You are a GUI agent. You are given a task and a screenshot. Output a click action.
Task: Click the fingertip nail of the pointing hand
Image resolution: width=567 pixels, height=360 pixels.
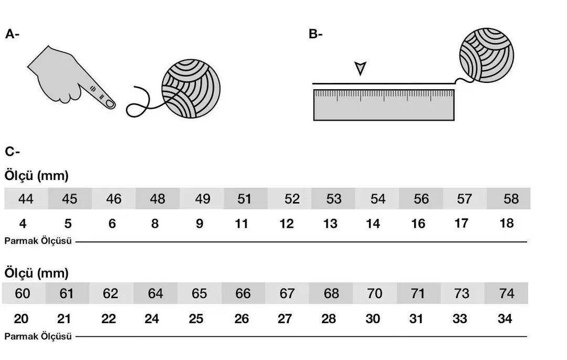coord(110,104)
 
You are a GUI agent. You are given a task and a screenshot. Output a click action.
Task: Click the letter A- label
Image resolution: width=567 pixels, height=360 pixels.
coord(12,35)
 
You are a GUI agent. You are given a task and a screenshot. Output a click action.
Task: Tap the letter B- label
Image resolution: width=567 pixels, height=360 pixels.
coord(316,35)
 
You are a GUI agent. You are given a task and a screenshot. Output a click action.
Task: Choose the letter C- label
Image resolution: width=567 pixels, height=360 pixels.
coord(12,152)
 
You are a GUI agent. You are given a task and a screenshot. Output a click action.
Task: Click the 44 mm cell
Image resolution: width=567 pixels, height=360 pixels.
coord(26,199)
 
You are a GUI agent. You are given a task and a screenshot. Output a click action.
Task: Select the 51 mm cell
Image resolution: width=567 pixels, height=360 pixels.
coord(245,199)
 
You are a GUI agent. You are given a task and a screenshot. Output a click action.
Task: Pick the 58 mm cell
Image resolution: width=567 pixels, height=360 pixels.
coord(510,199)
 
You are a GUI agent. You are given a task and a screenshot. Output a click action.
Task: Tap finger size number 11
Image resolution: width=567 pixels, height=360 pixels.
coord(241,224)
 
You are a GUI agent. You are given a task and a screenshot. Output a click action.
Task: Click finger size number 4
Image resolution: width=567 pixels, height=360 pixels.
coord(23,224)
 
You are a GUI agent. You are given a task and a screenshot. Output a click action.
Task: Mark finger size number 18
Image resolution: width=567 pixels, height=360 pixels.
coord(507,223)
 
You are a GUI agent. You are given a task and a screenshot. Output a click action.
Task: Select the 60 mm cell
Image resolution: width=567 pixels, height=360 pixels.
coord(23,293)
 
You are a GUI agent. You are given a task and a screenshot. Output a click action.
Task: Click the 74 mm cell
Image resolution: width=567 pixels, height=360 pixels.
coord(507,293)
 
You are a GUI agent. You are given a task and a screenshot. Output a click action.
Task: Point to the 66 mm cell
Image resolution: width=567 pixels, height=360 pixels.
coord(243,293)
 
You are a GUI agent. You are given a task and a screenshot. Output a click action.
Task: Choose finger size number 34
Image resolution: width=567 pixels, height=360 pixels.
coord(505,319)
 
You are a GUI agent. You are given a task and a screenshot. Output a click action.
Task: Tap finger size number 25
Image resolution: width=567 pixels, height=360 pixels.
coord(196,319)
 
